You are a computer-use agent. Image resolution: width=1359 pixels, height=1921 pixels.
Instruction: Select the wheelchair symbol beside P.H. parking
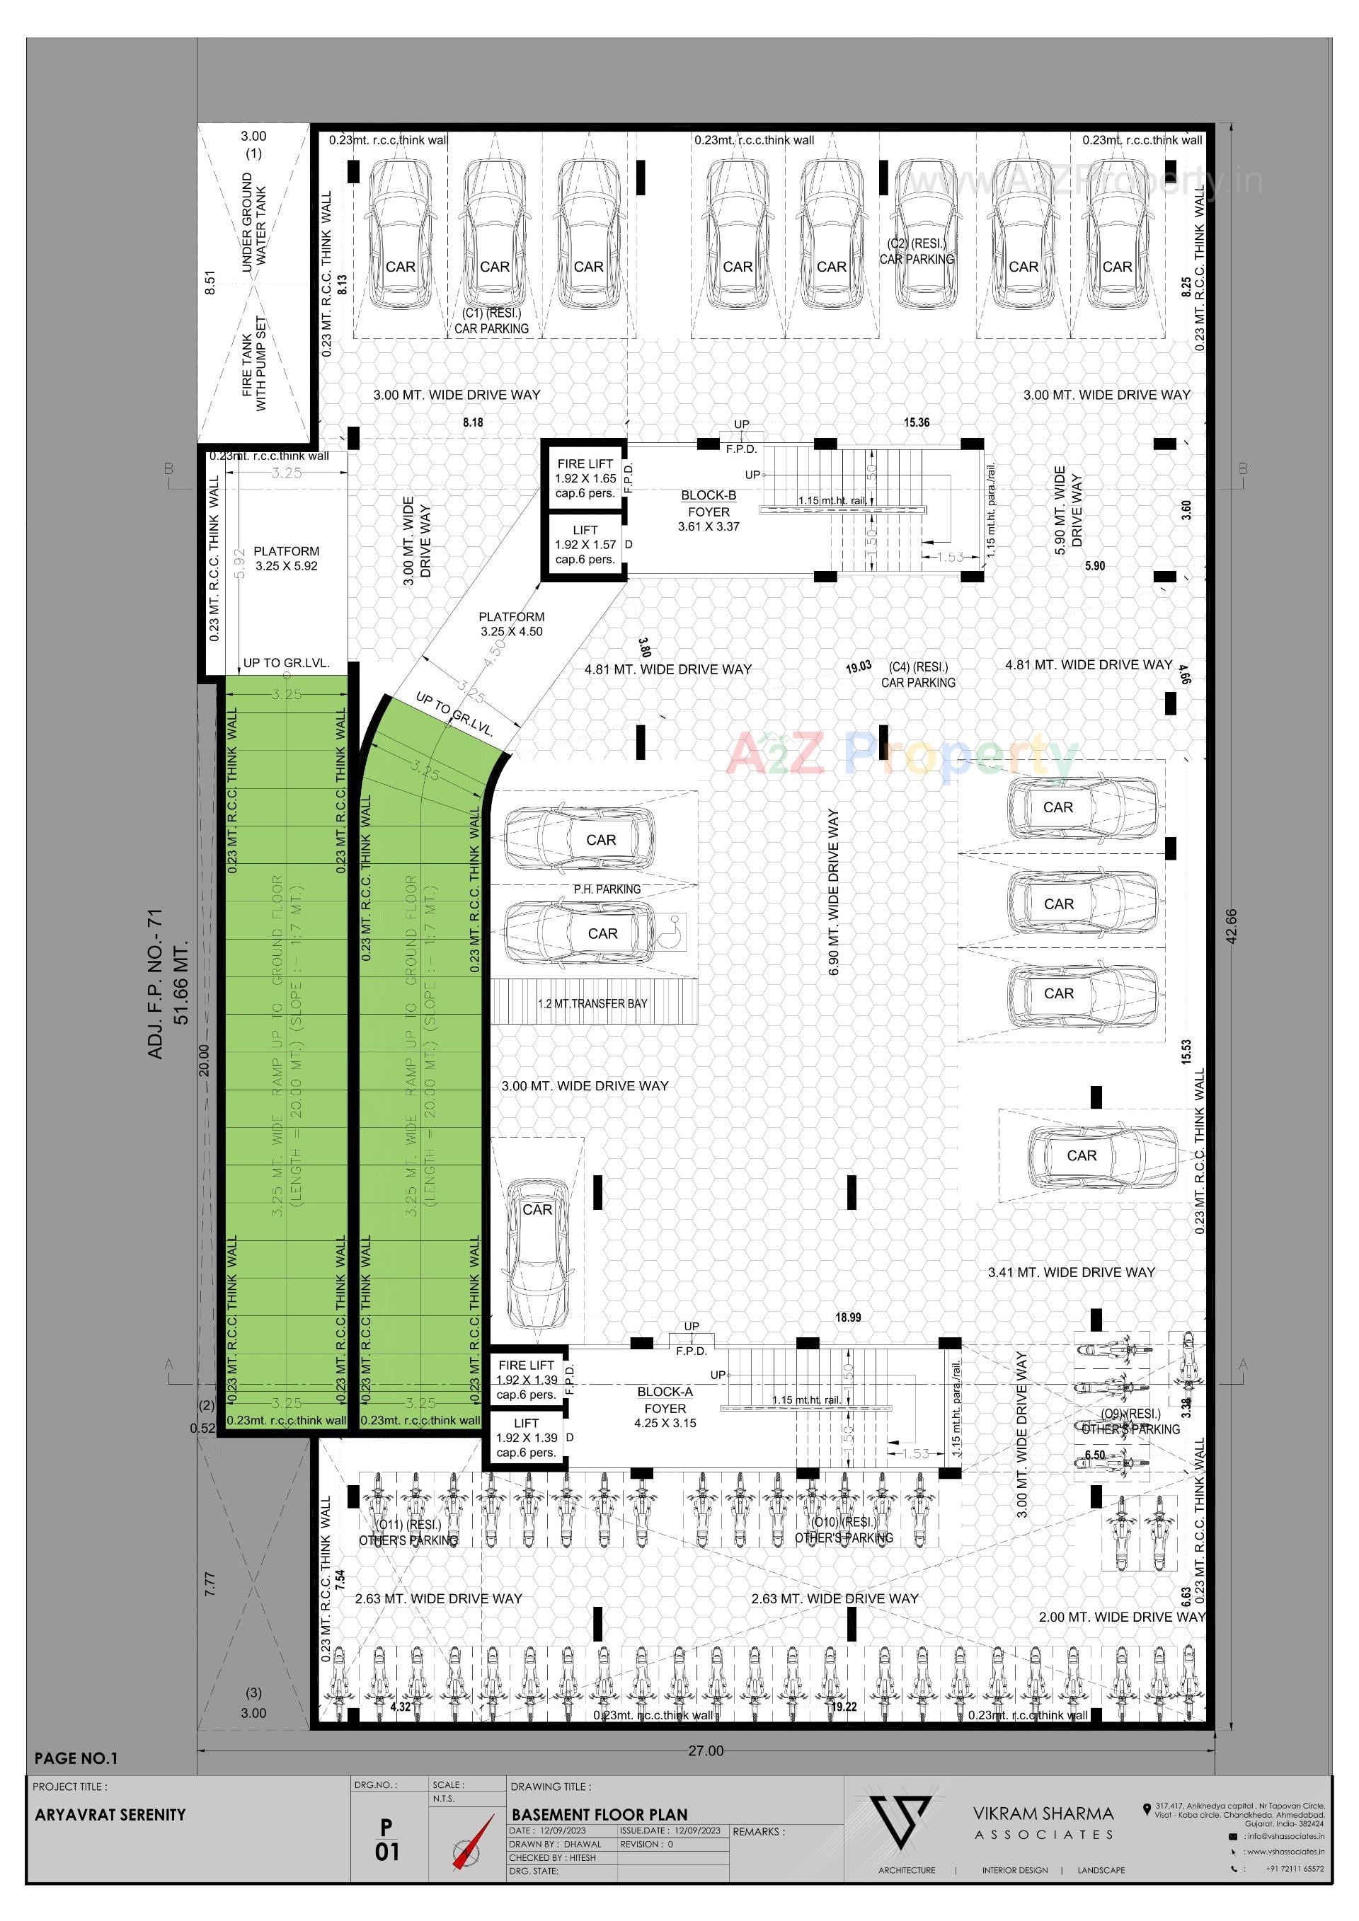pyautogui.click(x=675, y=928)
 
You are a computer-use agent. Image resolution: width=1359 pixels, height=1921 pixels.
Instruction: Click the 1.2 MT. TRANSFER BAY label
pyautogui.click(x=592, y=1003)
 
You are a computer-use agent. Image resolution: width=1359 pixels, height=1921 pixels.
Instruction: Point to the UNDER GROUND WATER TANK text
pyautogui.click(x=253, y=221)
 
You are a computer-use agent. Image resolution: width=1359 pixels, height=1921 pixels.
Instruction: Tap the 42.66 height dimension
pyautogui.click(x=1230, y=926)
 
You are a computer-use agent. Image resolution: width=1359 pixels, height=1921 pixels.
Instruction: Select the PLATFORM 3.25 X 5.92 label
pyautogui.click(x=286, y=558)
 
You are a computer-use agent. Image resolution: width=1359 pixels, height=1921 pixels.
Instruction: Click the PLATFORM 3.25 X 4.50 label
pyautogui.click(x=511, y=623)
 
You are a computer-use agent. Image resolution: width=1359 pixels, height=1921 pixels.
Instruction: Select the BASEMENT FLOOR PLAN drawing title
pyautogui.click(x=600, y=1814)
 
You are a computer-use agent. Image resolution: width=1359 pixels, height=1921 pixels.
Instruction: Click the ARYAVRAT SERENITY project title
pyautogui.click(x=110, y=1814)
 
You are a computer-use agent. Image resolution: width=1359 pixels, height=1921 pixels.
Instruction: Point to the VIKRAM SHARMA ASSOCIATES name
pyautogui.click(x=1043, y=1822)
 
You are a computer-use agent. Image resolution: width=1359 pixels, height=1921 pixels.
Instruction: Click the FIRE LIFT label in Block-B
pyautogui.click(x=585, y=478)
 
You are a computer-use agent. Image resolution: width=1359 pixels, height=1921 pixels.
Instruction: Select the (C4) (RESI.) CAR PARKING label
pyautogui.click(x=918, y=674)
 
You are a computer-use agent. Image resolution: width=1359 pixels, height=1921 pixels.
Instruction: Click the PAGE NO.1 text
pyautogui.click(x=76, y=1758)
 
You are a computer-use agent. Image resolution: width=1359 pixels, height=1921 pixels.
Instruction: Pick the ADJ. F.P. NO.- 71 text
pyautogui.click(x=156, y=983)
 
